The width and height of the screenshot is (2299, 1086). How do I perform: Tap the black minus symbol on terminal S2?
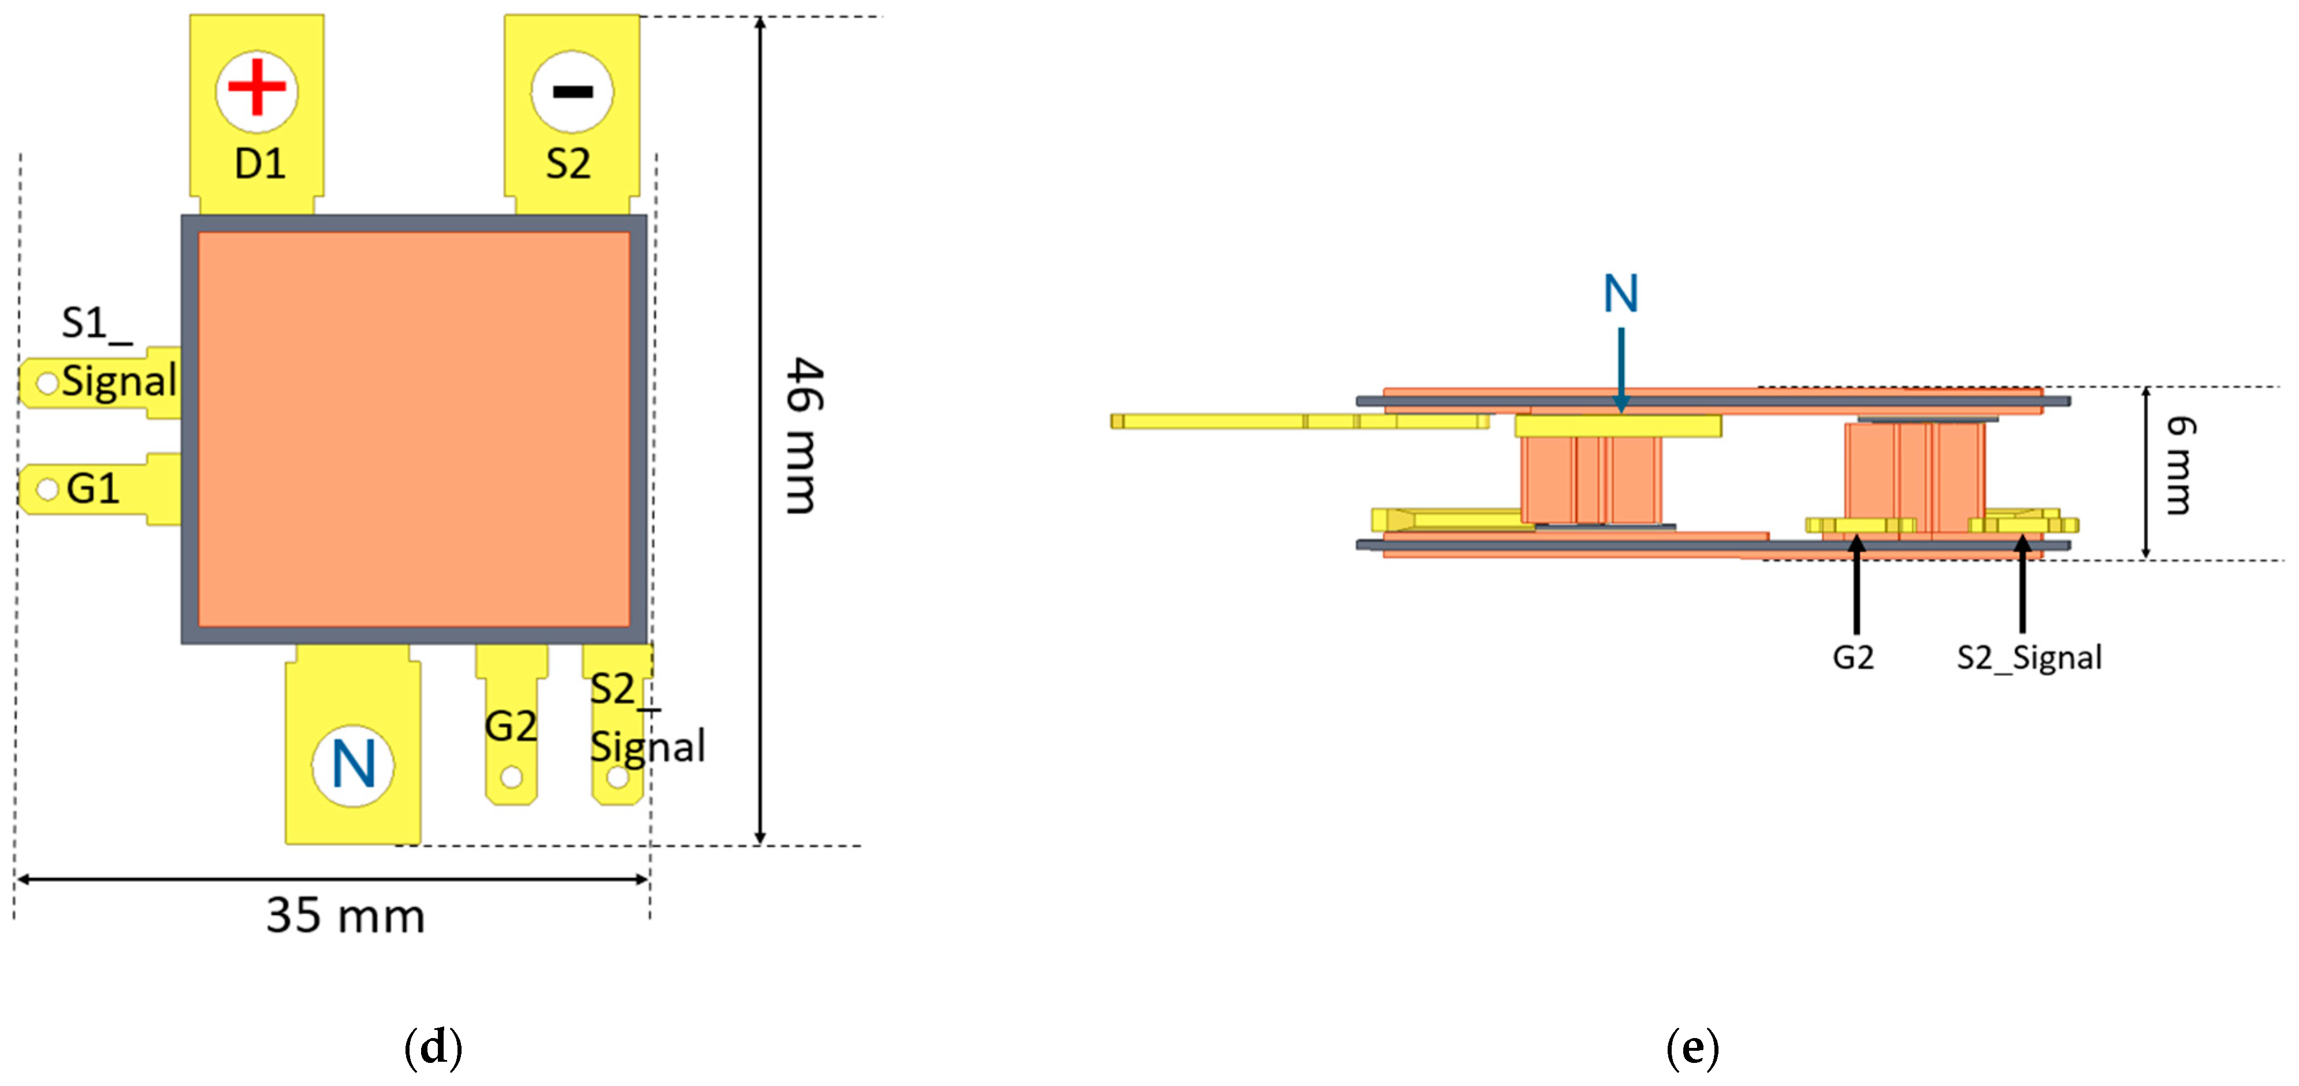pyautogui.click(x=572, y=90)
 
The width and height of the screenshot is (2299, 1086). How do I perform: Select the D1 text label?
pyautogui.click(x=260, y=164)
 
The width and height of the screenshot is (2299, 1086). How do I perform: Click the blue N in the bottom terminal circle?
pyautogui.click(x=354, y=765)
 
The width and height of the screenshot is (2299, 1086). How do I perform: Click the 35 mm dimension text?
pyautogui.click(x=345, y=916)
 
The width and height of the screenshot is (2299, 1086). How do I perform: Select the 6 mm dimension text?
pyautogui.click(x=2181, y=465)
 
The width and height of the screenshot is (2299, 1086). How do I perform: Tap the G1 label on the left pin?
pyautogui.click(x=93, y=489)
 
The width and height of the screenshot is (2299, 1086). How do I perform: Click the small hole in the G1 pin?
pyautogui.click(x=46, y=489)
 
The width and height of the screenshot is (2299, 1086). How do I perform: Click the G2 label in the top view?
pyautogui.click(x=511, y=726)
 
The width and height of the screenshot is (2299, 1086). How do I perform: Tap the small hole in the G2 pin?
pyautogui.click(x=511, y=778)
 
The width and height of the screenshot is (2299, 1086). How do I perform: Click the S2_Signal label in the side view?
pyautogui.click(x=2029, y=658)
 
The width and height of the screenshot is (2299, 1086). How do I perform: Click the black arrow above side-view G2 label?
pyautogui.click(x=1857, y=585)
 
